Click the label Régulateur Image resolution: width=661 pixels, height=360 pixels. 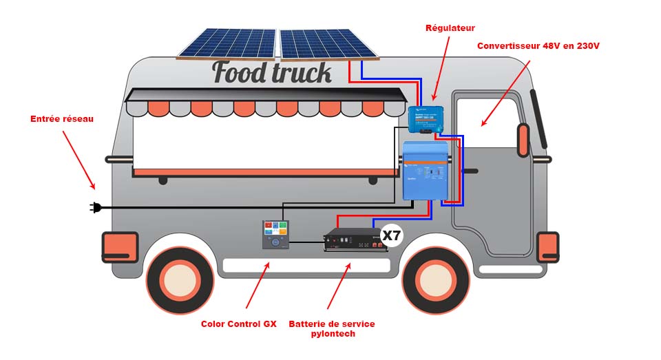tap(450, 28)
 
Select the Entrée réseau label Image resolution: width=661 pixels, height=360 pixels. tap(62, 119)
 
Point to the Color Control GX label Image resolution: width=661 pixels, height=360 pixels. tap(238, 324)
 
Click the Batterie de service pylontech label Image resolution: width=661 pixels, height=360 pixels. tap(332, 328)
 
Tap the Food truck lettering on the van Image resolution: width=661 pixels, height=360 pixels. tap(272, 72)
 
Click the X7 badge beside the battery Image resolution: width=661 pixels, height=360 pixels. tap(391, 236)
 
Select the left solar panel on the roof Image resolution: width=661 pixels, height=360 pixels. tap(227, 43)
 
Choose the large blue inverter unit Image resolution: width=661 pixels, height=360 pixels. tap(425, 171)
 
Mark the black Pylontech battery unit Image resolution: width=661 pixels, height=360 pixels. tap(356, 240)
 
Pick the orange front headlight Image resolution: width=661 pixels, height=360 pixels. tap(547, 246)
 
